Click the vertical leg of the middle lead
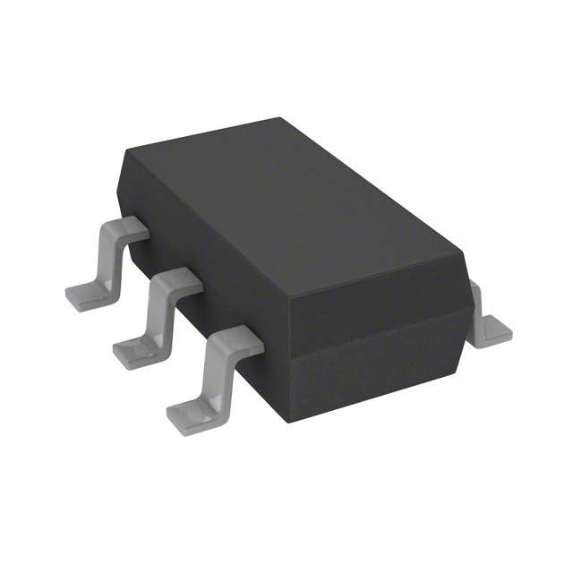pos(159,313)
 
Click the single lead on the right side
pos(492,322)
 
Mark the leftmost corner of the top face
pos(124,155)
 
